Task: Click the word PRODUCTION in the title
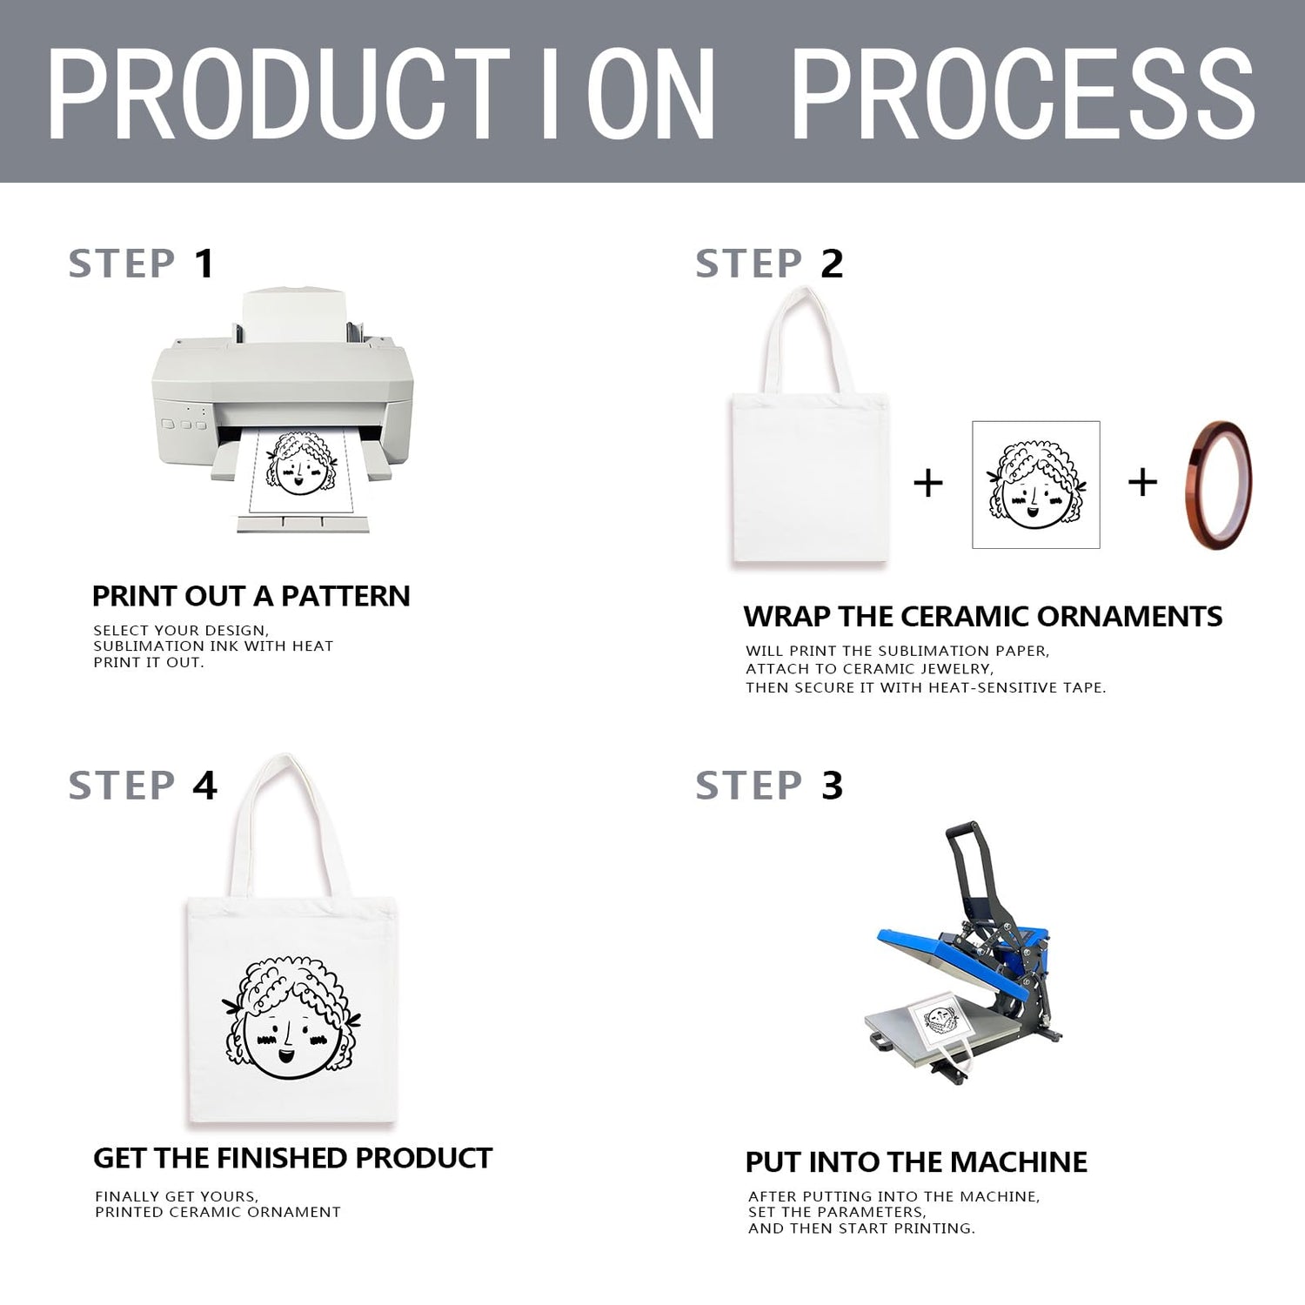point(381,94)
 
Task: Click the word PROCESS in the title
point(1023,94)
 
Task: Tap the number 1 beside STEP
point(204,264)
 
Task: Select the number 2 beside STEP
point(832,264)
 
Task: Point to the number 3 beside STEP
point(832,786)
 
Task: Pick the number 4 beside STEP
point(204,786)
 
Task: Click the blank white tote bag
point(807,426)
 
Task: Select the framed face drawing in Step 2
point(1035,485)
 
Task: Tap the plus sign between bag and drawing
point(928,483)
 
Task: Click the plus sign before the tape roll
point(1142,482)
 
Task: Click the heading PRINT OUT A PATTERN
point(251,596)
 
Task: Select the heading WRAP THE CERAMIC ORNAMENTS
point(983,617)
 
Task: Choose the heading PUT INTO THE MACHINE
point(916,1162)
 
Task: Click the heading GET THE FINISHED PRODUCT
point(292,1158)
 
